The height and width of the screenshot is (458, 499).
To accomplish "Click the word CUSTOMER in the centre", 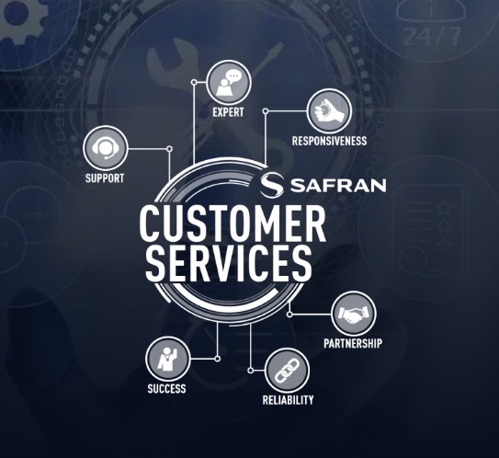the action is pyautogui.click(x=232, y=223).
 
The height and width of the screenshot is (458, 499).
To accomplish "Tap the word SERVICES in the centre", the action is pyautogui.click(x=228, y=264).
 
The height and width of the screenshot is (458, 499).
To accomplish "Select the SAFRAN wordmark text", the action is pyautogui.click(x=338, y=186).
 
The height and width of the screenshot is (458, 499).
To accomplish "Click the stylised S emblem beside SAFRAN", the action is pyautogui.click(x=271, y=186).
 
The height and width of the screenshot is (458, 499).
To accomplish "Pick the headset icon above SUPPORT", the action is pyautogui.click(x=106, y=148).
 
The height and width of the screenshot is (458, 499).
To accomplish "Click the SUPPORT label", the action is pyautogui.click(x=105, y=178).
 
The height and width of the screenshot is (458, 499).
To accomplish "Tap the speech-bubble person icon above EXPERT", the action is pyautogui.click(x=229, y=83).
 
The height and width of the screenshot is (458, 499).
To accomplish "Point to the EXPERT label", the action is pyautogui.click(x=228, y=112).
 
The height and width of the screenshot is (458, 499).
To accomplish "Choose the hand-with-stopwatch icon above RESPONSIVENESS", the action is pyautogui.click(x=329, y=111).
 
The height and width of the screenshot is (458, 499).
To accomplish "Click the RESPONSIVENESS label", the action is pyautogui.click(x=329, y=141).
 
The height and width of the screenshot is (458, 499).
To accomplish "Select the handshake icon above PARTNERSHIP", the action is pyautogui.click(x=354, y=314).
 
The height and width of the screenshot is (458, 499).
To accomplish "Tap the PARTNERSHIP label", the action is pyautogui.click(x=353, y=343).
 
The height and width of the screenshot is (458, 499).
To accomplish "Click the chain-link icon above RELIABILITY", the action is pyautogui.click(x=287, y=371).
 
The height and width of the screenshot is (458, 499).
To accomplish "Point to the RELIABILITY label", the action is pyautogui.click(x=288, y=400).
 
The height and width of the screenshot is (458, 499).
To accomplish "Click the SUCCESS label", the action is pyautogui.click(x=166, y=389).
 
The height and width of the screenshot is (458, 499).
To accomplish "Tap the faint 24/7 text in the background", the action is pyautogui.click(x=432, y=36).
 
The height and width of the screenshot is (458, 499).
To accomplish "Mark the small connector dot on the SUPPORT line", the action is pyautogui.click(x=170, y=149).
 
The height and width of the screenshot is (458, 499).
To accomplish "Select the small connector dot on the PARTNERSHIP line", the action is pyautogui.click(x=289, y=315).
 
